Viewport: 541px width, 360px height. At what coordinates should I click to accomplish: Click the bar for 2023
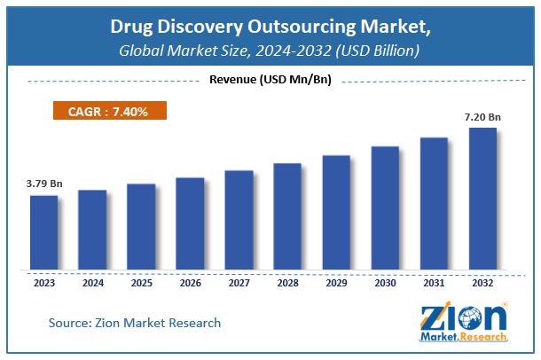(x=43, y=232)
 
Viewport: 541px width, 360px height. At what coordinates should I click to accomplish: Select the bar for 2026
(x=190, y=223)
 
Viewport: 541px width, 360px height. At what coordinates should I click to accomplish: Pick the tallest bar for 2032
(x=482, y=199)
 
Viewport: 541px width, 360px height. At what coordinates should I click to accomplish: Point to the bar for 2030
(x=385, y=207)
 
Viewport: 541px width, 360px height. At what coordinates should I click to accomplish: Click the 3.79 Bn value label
(x=43, y=184)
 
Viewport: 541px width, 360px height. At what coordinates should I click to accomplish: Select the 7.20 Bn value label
(x=482, y=117)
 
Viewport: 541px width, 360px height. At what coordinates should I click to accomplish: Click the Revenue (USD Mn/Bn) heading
(x=270, y=82)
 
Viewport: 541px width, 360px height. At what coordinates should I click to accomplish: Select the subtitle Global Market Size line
(x=270, y=51)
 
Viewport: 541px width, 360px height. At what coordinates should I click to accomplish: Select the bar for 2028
(x=287, y=216)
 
